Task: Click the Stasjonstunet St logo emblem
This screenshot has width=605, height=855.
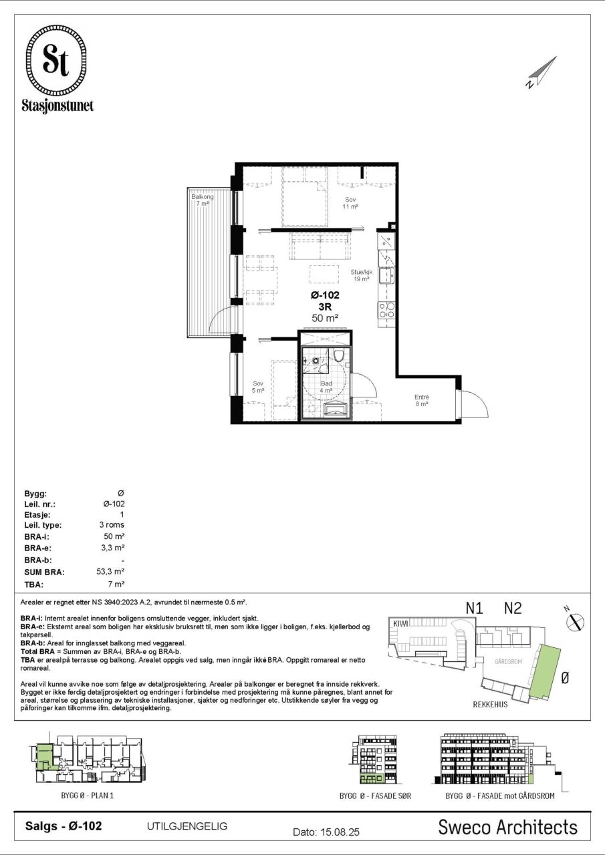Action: pos(55,61)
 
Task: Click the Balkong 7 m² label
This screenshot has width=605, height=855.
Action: pos(203,200)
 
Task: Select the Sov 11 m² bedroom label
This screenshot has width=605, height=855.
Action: pos(350,203)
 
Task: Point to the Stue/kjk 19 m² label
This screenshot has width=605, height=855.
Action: pos(361,276)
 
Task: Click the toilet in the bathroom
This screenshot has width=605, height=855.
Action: pos(339,354)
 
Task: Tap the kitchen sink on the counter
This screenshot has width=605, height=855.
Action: pos(386,276)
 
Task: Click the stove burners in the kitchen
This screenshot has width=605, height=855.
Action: pos(386,310)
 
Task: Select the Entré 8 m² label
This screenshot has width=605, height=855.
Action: pos(422,400)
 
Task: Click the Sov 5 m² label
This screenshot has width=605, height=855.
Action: pos(258,387)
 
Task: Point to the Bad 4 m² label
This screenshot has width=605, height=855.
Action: pos(326,387)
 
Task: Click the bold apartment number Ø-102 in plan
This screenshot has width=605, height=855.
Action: pos(325,295)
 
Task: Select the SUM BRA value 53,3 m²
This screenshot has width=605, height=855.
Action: pos(110,571)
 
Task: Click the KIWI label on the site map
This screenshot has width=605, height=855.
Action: pos(400,623)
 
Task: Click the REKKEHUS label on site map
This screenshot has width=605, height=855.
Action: pos(491,705)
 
